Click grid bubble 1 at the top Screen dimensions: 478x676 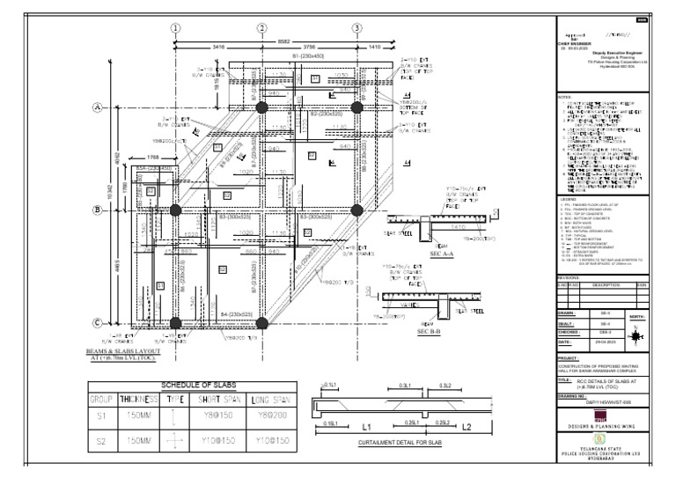click(176, 27)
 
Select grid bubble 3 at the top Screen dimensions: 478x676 click(356, 27)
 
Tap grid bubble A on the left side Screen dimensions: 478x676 click(98, 107)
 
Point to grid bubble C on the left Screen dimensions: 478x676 click(98, 323)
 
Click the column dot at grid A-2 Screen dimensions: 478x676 click(261, 107)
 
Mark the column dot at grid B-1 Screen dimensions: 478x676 click(175, 210)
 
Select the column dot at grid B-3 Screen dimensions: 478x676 click(356, 210)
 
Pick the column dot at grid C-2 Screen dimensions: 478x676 click(261, 323)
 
